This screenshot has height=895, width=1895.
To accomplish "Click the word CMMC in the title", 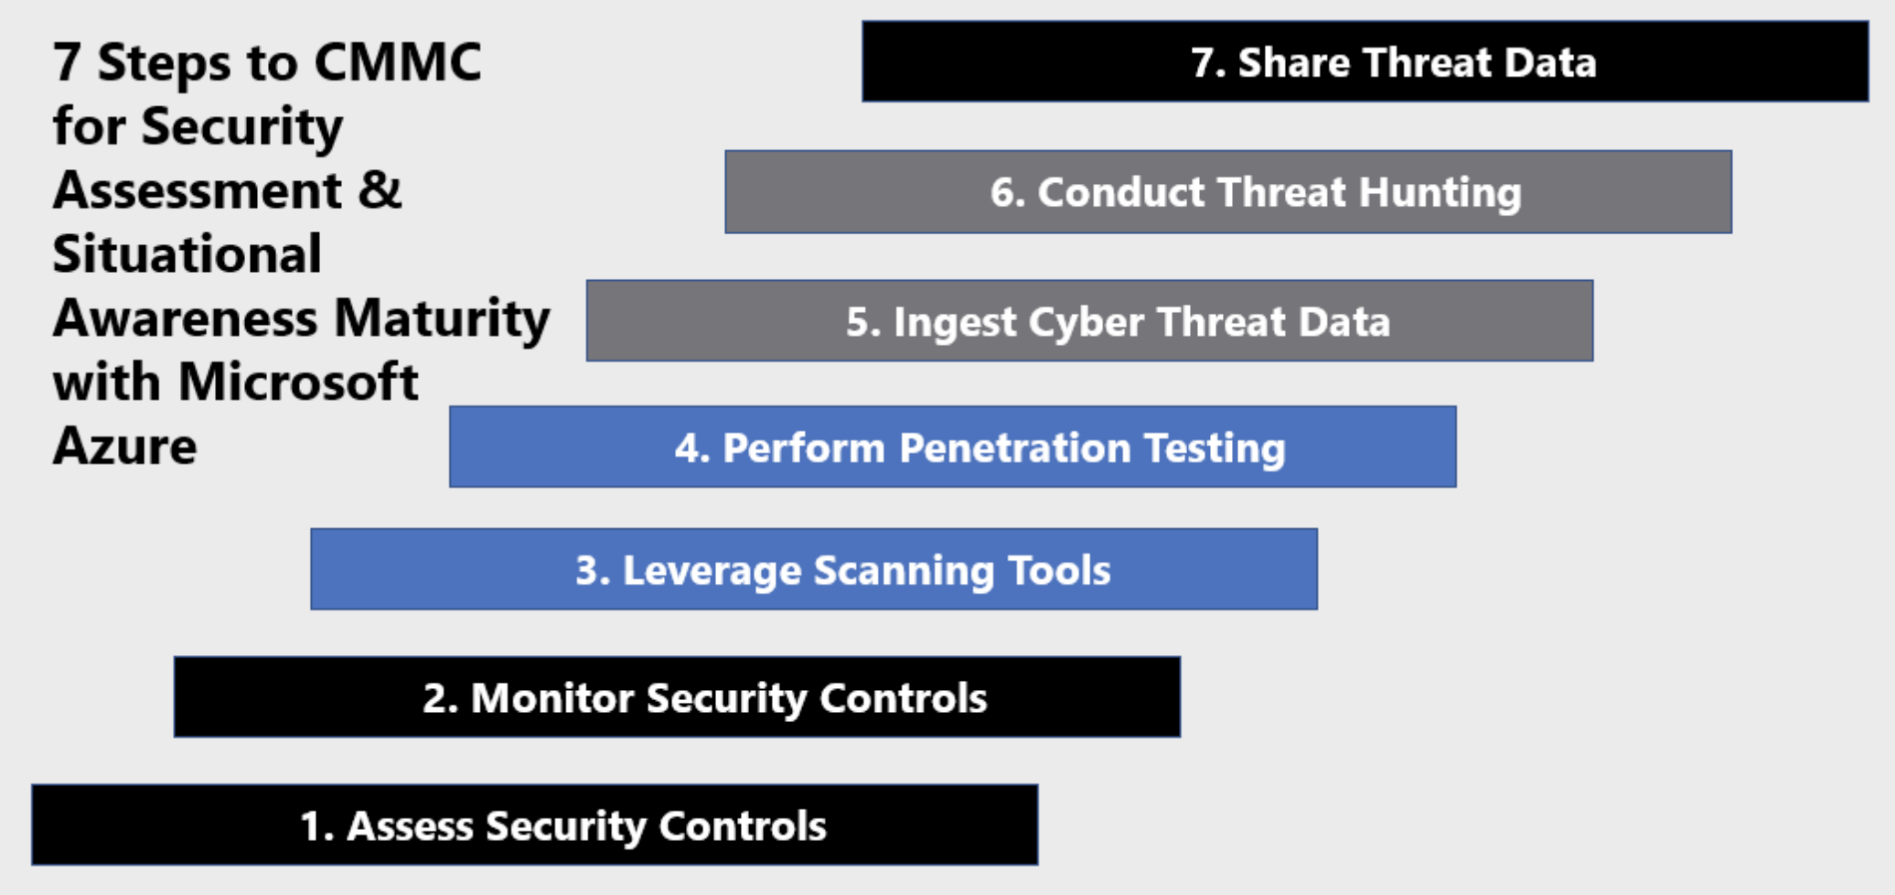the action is pos(398,62).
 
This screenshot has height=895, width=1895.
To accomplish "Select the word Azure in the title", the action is pos(124,446).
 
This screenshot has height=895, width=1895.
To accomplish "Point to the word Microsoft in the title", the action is pos(298,382).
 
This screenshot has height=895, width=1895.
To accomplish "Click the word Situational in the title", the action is pos(187,253).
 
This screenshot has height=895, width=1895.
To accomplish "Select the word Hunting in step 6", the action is pos(1440,193).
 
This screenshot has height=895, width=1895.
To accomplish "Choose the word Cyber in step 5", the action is pos(1087,323).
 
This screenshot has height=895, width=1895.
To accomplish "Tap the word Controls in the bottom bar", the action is pos(743,825).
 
